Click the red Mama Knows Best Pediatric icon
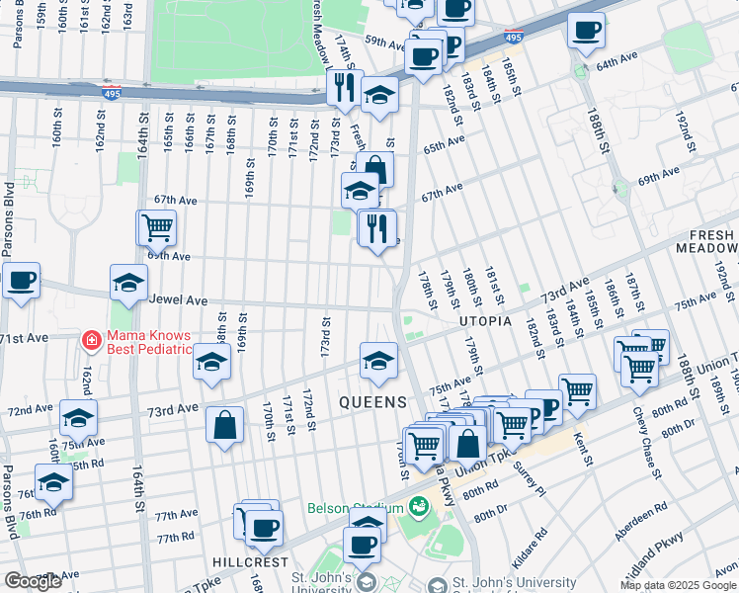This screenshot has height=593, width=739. pos(91,340)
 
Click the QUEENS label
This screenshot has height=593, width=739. pos(372,402)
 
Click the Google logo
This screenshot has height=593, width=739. pos(33,581)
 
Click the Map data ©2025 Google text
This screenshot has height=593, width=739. pos(677,585)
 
